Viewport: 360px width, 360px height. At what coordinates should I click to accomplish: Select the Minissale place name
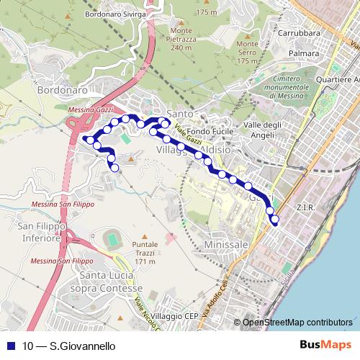[226, 245]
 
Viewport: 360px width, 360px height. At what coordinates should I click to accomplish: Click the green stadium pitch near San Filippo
[114, 238]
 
